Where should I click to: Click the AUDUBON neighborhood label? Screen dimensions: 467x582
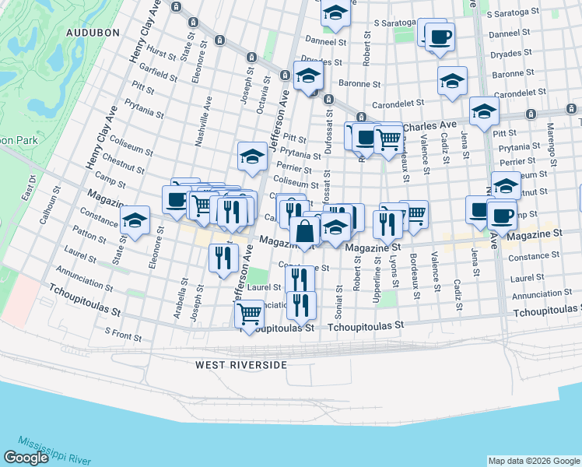coord(92,33)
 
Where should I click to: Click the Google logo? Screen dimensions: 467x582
coord(26,458)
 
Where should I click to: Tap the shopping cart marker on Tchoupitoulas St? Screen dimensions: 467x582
coord(249,314)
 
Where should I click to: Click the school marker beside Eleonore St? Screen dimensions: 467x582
coord(135,220)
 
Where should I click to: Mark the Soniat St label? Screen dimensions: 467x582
coord(339,299)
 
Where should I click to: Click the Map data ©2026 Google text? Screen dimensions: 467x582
coord(533,461)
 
